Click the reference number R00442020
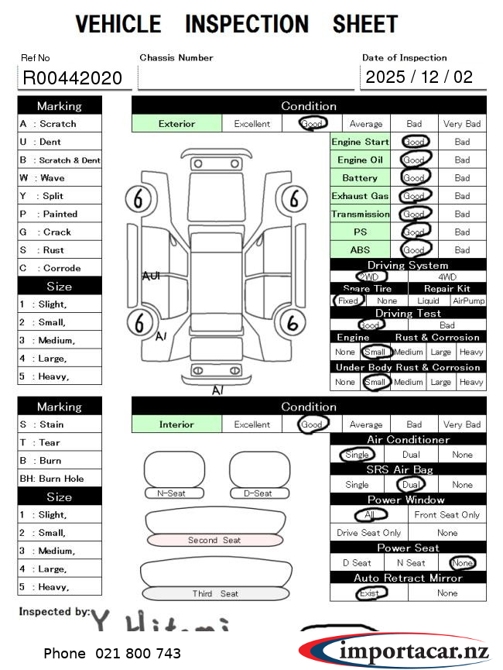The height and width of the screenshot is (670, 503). pos(73,77)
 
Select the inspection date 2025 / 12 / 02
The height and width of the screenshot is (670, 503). pos(419,77)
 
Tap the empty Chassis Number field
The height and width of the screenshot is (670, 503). pos(245,77)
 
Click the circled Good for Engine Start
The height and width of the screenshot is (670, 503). pos(414,143)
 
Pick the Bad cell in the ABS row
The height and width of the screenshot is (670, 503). pos(462,250)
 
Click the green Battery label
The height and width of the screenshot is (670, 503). pos(360,178)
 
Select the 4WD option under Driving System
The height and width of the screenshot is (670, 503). pos(447,277)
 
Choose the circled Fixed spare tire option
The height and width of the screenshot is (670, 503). pos(348,301)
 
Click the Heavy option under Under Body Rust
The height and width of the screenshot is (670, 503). pos(470,382)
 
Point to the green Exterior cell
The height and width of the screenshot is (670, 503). pos(176,124)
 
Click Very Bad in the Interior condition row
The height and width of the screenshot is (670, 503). pos(462,424)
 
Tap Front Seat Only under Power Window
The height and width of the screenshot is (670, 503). pos(447,515)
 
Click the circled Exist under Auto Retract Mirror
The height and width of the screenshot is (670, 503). pos(369,593)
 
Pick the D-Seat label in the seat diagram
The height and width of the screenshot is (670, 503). pos(258,493)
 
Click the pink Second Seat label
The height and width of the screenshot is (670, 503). pos(214,540)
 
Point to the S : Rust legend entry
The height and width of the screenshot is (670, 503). pos(60,250)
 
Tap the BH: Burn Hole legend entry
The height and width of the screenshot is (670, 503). pos(60,479)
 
